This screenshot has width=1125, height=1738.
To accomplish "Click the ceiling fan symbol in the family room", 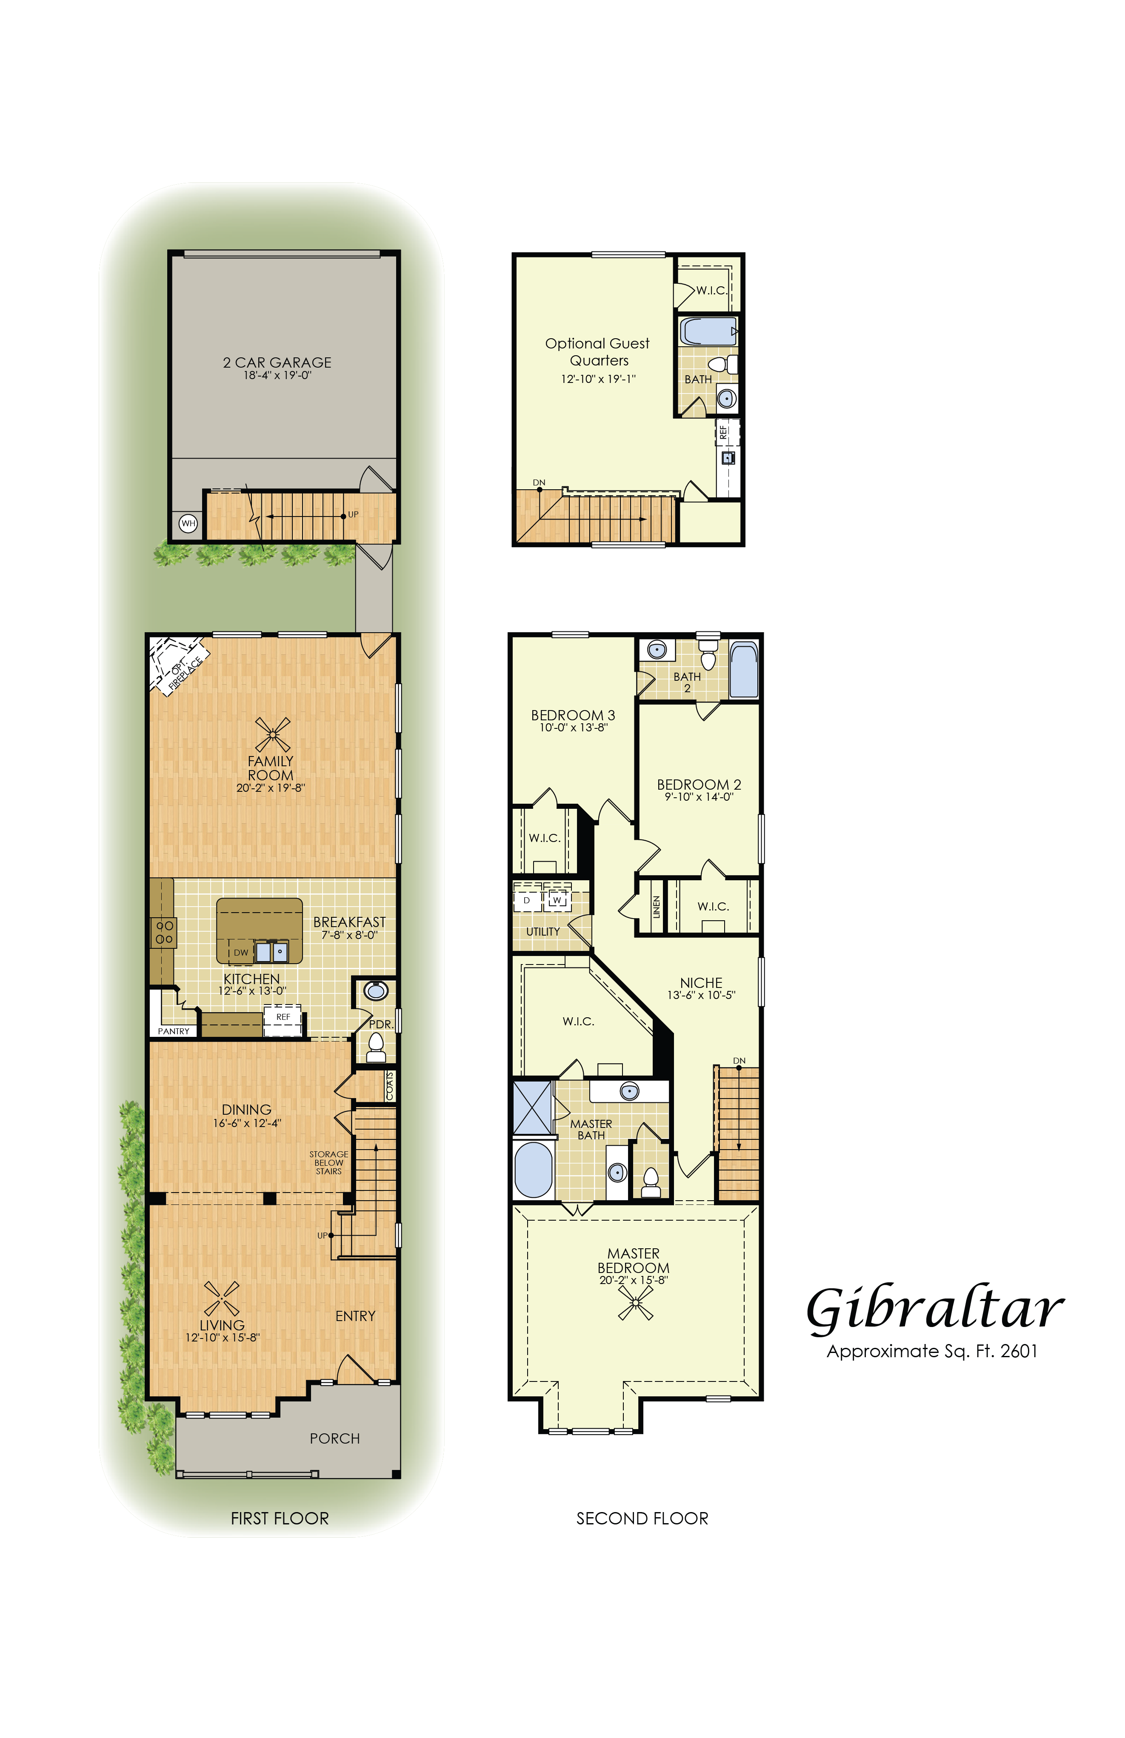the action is pos(272,734).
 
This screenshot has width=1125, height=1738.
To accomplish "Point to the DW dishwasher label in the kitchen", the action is pos(241,952).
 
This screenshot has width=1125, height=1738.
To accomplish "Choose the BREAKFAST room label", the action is pos(349,922).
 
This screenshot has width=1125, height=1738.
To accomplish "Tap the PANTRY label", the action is pos(174,1031).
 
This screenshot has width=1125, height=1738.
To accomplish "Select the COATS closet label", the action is pos(390,1086).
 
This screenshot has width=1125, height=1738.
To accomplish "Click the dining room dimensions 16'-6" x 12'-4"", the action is pos(247,1123).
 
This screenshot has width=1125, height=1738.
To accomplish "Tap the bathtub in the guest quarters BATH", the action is pos(708,331).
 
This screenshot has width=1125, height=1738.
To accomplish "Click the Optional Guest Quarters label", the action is pos(598,351).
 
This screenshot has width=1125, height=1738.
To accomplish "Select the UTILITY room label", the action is pos(543,932).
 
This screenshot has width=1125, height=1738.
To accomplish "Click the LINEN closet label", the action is pos(657,907).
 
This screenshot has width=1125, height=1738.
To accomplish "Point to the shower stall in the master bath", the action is pos(533,1107).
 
